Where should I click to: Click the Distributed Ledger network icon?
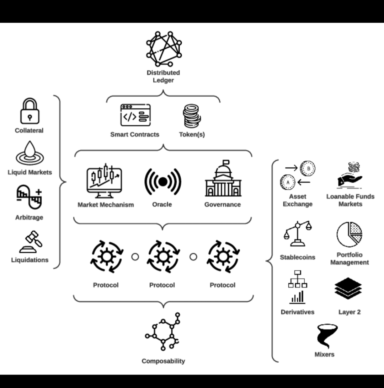pyautogui.click(x=164, y=49)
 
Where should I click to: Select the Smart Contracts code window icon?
pyautogui.click(x=135, y=115)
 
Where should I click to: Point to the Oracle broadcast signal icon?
pyautogui.click(x=162, y=182)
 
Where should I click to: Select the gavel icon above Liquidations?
pyautogui.click(x=30, y=242)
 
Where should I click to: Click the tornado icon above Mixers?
pyautogui.click(x=326, y=336)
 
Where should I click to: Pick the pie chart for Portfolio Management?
pyautogui.click(x=349, y=235)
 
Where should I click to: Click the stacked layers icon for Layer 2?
pyautogui.click(x=348, y=289)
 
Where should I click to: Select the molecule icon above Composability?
pyautogui.click(x=164, y=332)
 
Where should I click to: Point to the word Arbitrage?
pyautogui.click(x=29, y=217)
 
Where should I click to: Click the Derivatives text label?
pyautogui.click(x=298, y=312)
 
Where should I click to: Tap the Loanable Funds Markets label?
pyautogui.click(x=350, y=200)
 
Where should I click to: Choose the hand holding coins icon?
pyautogui.click(x=350, y=175)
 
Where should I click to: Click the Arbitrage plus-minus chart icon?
pyautogui.click(x=29, y=197)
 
